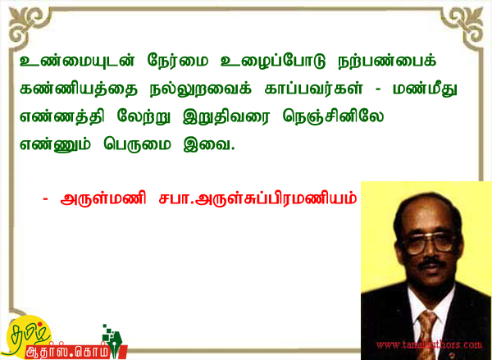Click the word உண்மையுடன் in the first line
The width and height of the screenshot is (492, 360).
77,62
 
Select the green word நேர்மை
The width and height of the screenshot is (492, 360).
178,61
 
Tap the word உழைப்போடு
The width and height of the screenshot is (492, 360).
273,62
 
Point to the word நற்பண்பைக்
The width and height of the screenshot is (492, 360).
387,61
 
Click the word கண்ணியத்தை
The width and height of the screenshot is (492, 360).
79,89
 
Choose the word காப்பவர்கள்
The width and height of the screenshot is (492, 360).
313,89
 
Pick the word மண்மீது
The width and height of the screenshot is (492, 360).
425,89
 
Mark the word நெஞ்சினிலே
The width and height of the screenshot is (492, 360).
333,116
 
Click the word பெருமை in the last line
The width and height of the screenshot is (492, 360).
137,144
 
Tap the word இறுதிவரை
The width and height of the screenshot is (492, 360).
226,116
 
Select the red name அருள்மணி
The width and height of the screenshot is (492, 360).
103,198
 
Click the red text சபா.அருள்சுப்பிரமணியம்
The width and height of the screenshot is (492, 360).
257,198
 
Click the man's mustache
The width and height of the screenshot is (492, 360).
432,262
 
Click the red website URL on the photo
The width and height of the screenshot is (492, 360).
429,345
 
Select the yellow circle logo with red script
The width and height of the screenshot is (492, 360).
26,336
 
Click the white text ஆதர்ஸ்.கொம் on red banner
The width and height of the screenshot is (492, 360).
68,352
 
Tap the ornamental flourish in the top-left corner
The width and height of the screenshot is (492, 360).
25,25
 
